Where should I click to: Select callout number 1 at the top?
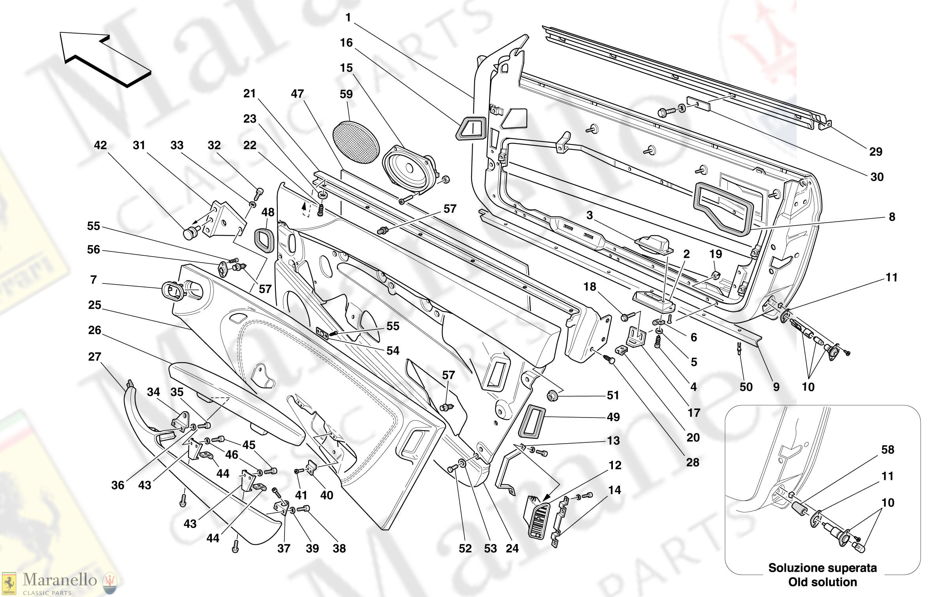[x=348, y=18]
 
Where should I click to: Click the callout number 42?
[x=100, y=145]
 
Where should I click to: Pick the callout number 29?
[x=876, y=151]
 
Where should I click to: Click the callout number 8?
[x=892, y=217]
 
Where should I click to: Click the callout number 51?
[x=613, y=395]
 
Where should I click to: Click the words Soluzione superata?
[x=822, y=568]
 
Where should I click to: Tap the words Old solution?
[x=822, y=582]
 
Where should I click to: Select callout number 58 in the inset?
[x=888, y=450]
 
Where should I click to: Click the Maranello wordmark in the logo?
[x=60, y=580]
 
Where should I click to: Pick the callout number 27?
[x=95, y=357]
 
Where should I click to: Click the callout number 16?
[x=346, y=43]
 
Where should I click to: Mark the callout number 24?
[x=512, y=548]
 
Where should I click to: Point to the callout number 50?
[x=746, y=387]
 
